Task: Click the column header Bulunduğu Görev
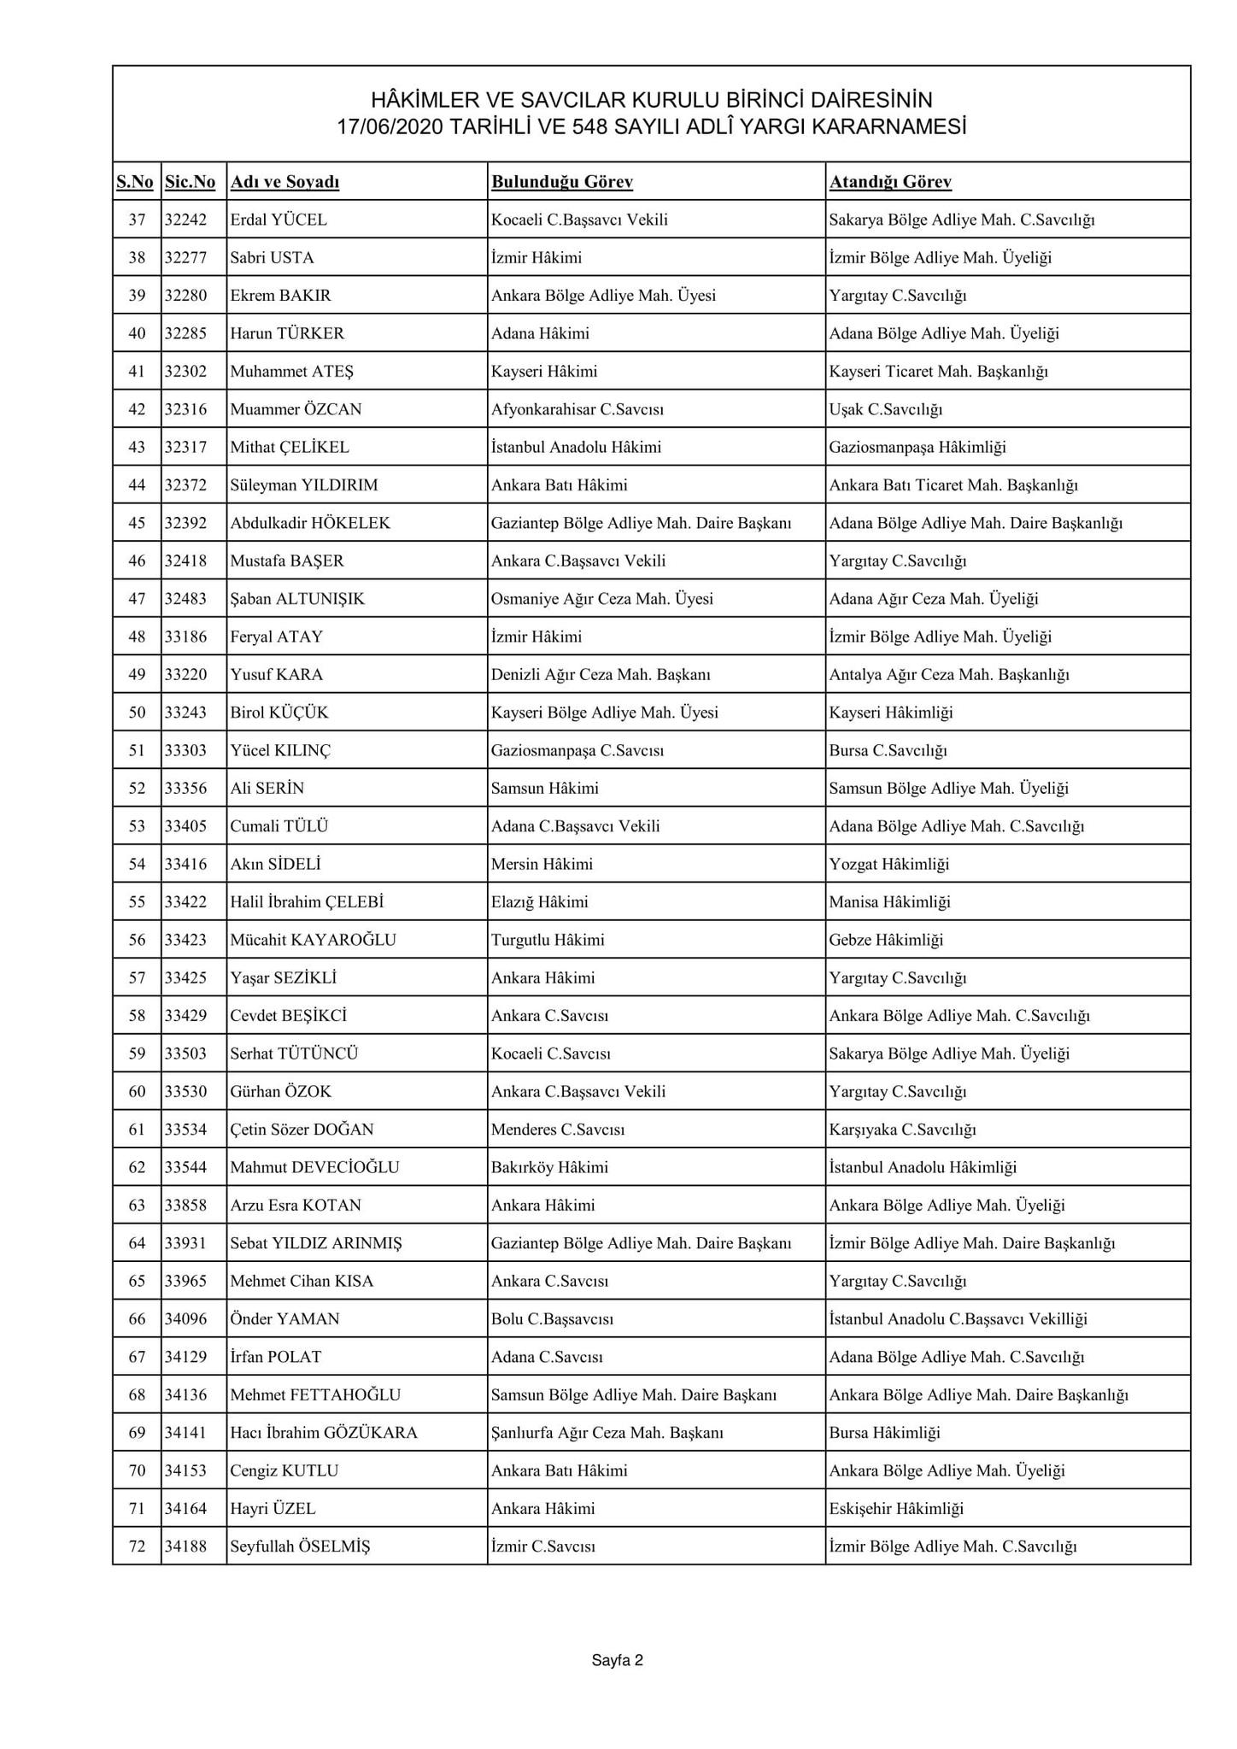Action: pyautogui.click(x=561, y=182)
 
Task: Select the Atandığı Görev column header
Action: pyautogui.click(x=889, y=182)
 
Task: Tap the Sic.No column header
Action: pyautogui.click(x=190, y=182)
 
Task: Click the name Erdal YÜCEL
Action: pyautogui.click(x=278, y=220)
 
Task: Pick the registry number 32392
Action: pyautogui.click(x=186, y=523)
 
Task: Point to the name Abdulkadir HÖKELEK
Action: pyautogui.click(x=310, y=523)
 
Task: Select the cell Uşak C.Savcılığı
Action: pyautogui.click(x=885, y=409)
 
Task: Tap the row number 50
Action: pyautogui.click(x=137, y=713)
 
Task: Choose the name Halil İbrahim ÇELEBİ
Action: pyautogui.click(x=307, y=902)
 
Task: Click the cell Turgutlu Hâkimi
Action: pyautogui.click(x=548, y=940)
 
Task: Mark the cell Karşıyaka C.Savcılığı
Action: pyautogui.click(x=902, y=1130)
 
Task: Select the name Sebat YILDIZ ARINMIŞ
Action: pyautogui.click(x=316, y=1243)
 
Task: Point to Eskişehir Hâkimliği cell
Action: pyautogui.click(x=895, y=1509)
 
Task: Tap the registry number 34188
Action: pyautogui.click(x=186, y=1547)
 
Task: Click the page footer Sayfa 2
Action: pyautogui.click(x=617, y=1661)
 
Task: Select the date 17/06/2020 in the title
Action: pyautogui.click(x=388, y=127)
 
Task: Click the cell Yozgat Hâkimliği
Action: pyautogui.click(x=888, y=864)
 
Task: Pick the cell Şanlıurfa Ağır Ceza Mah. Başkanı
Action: pyautogui.click(x=607, y=1433)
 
